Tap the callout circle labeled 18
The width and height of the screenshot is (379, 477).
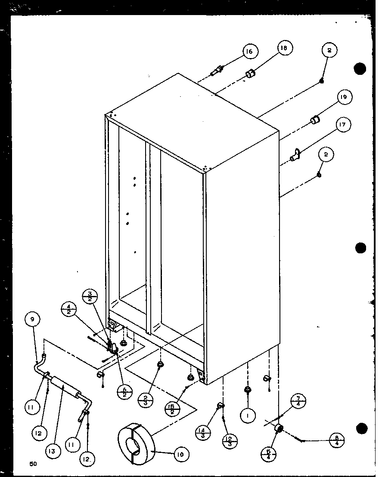284,48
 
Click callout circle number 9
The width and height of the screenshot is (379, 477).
32,320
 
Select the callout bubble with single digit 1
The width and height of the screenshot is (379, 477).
249,415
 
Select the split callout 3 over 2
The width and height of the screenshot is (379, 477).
90,297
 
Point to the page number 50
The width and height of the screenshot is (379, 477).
33,464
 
